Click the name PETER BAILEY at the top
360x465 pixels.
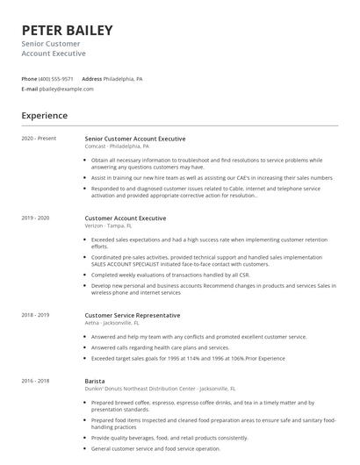tap(67, 30)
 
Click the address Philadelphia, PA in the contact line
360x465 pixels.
tap(123, 78)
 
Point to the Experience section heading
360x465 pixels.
tap(44, 115)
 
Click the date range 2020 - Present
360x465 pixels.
tap(39, 139)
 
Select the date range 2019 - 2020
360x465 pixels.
tap(36, 218)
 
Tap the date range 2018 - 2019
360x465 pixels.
tap(36, 314)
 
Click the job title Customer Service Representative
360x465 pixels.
tap(133, 314)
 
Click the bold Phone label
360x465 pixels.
tap(29, 78)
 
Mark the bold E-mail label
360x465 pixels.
tap(29, 89)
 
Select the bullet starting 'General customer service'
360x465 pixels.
tap(157, 447)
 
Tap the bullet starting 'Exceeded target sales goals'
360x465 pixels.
tap(184, 359)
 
